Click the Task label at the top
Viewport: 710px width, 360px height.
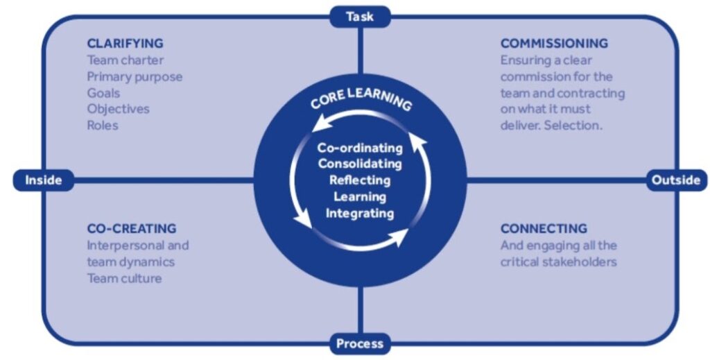(x=359, y=16)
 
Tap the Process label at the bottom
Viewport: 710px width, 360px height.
(x=359, y=343)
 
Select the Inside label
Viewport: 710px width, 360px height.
(x=43, y=180)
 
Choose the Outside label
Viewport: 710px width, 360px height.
(x=675, y=180)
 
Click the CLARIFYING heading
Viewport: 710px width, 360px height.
(x=125, y=44)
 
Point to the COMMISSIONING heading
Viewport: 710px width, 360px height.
(x=554, y=44)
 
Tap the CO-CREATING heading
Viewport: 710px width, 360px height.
(x=131, y=228)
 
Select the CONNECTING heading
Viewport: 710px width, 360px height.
(x=544, y=228)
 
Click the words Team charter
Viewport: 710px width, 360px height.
(x=125, y=60)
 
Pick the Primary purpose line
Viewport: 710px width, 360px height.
(x=135, y=76)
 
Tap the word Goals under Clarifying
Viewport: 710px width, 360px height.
(x=103, y=93)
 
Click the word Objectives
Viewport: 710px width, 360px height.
(x=118, y=109)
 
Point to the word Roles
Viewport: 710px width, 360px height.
(x=103, y=126)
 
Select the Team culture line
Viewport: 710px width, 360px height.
(x=124, y=278)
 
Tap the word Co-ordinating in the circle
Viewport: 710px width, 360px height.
(x=360, y=148)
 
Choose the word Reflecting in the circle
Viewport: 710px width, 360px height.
(x=360, y=180)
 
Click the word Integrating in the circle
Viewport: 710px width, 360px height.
(x=360, y=213)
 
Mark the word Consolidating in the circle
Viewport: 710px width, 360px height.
(x=360, y=164)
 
